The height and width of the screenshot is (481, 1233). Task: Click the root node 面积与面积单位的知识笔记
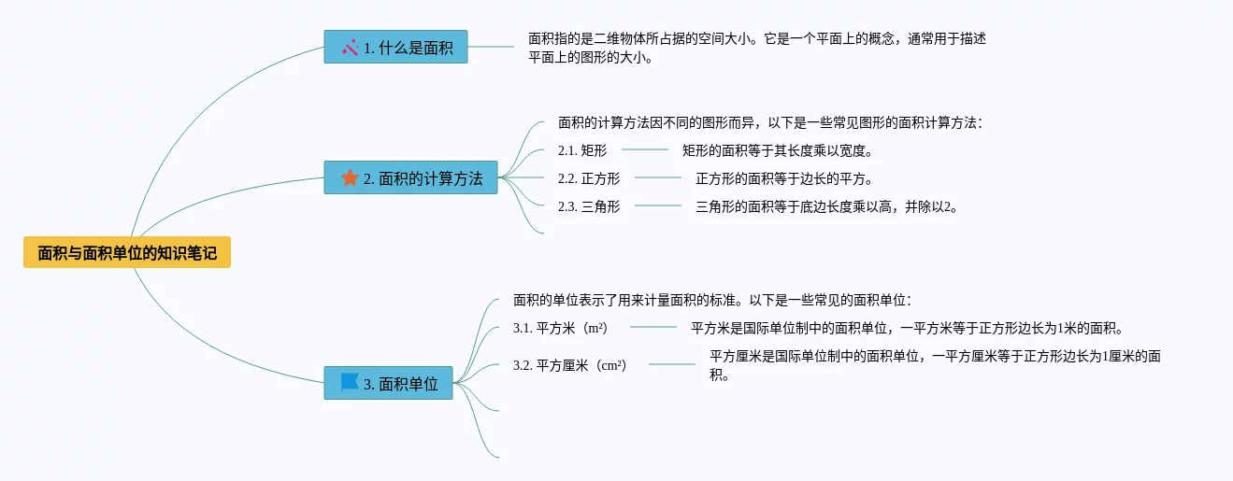(127, 252)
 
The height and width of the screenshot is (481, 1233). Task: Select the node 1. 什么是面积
(395, 48)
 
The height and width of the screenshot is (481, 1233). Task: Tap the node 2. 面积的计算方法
(410, 177)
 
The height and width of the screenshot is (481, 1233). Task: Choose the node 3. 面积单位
(388, 383)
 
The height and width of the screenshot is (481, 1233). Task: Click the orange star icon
(350, 177)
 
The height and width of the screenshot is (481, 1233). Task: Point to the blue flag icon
(350, 382)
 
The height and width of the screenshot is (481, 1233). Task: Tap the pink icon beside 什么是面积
(351, 47)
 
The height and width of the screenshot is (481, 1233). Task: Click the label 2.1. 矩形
(581, 150)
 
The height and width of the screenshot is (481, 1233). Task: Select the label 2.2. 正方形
(588, 178)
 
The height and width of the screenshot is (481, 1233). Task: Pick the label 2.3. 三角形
(588, 206)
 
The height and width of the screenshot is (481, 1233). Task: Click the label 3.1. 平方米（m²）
(560, 328)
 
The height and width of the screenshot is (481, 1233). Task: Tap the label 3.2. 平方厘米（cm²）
(569, 365)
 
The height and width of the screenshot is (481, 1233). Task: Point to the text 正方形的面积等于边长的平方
(783, 178)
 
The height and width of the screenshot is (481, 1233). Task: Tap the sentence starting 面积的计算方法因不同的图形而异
(770, 122)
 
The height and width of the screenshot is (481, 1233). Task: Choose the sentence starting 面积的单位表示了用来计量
(711, 300)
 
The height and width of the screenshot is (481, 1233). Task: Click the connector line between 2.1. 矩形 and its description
(645, 149)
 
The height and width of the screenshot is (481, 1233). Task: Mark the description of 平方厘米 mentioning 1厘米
(935, 365)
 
